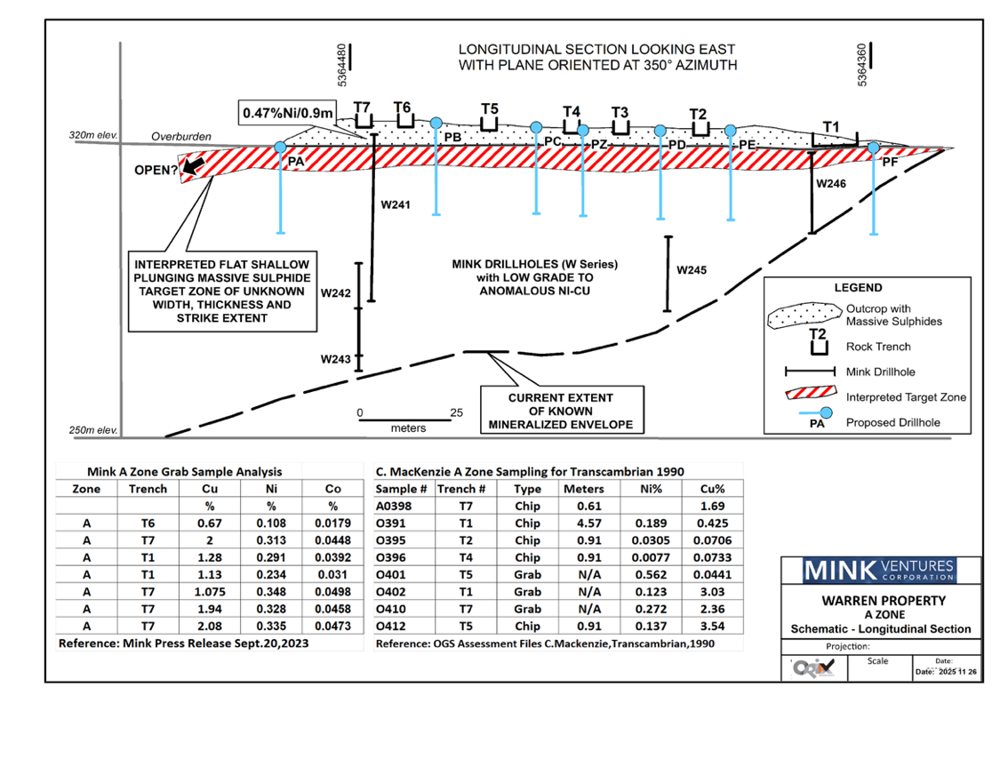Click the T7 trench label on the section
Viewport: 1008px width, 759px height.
point(362,108)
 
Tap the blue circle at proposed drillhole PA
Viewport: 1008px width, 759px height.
point(280,147)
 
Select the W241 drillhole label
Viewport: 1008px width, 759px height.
point(396,204)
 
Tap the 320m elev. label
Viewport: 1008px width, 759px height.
point(93,137)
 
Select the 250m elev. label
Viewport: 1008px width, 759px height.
point(93,430)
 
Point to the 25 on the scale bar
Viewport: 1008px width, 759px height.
point(457,412)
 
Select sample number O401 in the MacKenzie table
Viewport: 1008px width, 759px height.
point(391,574)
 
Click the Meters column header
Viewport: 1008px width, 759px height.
point(583,489)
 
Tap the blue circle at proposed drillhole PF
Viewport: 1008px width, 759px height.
point(874,147)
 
